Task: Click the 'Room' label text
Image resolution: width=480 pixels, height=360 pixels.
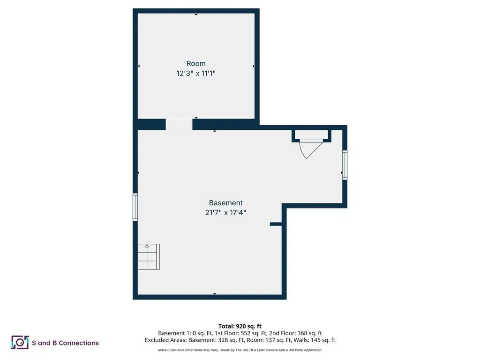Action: (x=196, y=63)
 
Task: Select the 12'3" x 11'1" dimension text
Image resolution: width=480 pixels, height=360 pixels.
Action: (x=196, y=73)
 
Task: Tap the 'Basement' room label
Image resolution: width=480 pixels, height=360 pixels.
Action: (x=225, y=202)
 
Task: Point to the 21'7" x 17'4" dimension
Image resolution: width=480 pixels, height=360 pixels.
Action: (x=225, y=212)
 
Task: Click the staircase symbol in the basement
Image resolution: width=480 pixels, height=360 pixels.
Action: (x=149, y=256)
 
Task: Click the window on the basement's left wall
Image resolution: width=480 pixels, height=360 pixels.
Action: (x=135, y=207)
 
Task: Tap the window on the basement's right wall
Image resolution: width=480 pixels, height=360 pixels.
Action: (x=345, y=165)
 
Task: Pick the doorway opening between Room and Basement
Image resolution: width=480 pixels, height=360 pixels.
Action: (x=179, y=124)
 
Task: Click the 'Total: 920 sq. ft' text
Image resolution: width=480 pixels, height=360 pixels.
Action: (x=240, y=326)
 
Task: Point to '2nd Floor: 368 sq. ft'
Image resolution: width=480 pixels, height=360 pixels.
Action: (x=295, y=333)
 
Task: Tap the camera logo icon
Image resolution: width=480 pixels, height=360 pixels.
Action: (x=20, y=342)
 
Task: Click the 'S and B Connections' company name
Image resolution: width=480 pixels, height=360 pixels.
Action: (x=65, y=343)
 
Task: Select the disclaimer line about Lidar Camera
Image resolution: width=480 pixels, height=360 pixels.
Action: (x=240, y=350)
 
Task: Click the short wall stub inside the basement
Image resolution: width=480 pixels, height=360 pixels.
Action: (x=276, y=224)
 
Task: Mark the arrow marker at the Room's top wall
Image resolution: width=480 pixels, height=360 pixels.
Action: (x=196, y=15)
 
